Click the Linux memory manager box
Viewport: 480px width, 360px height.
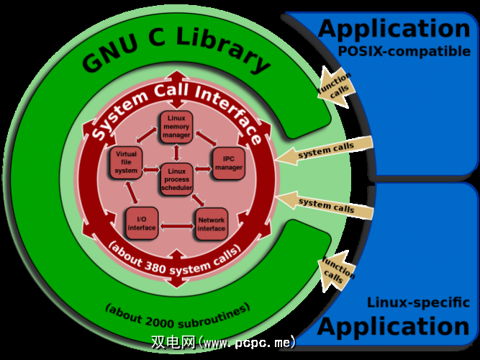click(176, 127)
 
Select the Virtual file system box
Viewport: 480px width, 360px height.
click(126, 163)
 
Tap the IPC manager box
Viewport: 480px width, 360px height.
click(229, 163)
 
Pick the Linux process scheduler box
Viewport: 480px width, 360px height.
click(176, 179)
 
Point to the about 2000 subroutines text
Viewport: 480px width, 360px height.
click(177, 312)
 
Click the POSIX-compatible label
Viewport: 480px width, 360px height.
click(404, 52)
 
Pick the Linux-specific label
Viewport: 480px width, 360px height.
click(408, 303)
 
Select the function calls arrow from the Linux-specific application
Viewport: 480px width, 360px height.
click(337, 272)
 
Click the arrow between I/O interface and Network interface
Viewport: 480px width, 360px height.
click(176, 226)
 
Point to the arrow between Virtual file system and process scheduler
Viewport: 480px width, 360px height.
click(151, 170)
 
